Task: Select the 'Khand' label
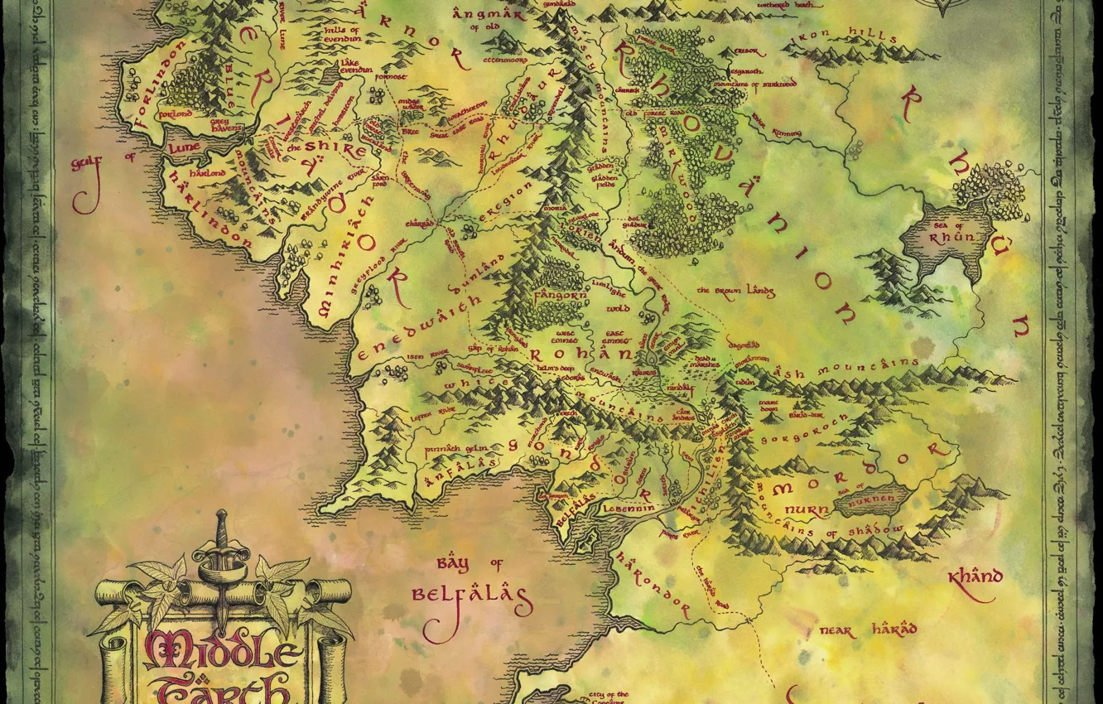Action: coord(975,576)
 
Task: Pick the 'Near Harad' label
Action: coord(867,630)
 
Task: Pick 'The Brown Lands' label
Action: coord(735,291)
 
